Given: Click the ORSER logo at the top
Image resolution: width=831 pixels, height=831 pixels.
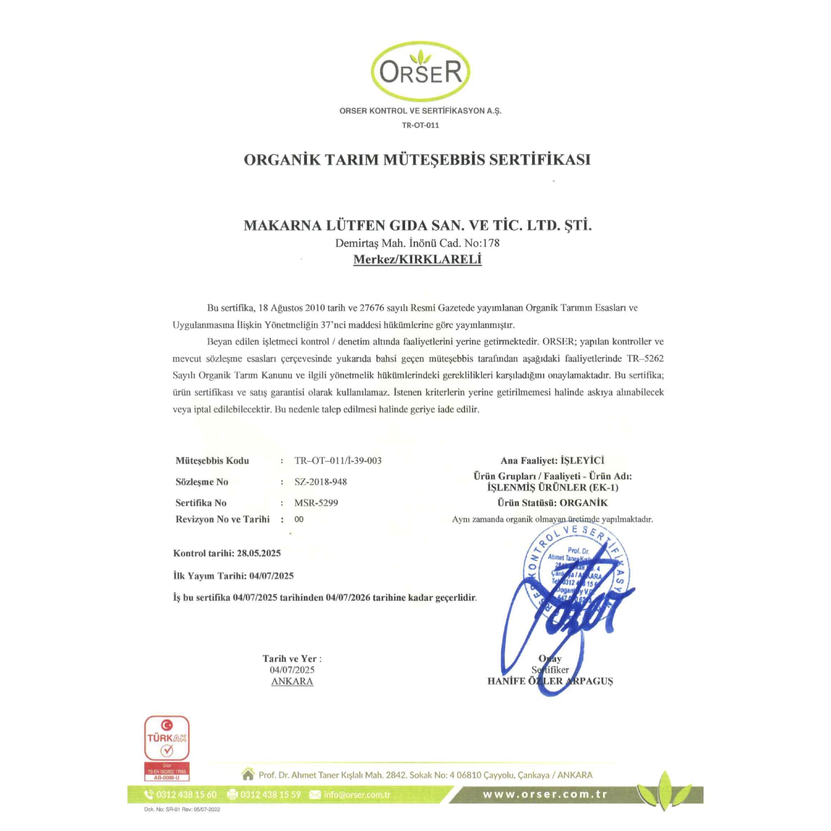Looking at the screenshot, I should [420, 71].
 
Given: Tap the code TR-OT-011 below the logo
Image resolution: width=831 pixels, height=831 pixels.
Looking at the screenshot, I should [420, 125].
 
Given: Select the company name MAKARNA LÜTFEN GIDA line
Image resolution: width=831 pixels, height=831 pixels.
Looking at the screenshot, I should [418, 225].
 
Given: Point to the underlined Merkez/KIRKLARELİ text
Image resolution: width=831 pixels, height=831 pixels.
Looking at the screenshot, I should [417, 259].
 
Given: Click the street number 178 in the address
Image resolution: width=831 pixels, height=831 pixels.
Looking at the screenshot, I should [491, 243].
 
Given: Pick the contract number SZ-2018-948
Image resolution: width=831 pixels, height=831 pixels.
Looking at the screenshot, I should [320, 482].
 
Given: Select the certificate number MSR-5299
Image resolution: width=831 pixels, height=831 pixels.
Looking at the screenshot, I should [316, 503].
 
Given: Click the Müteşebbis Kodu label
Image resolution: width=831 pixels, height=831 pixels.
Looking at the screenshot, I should [212, 461].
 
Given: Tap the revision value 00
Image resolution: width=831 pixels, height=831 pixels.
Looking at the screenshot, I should [299, 519].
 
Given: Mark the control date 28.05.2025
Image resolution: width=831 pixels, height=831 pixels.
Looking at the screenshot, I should [259, 553].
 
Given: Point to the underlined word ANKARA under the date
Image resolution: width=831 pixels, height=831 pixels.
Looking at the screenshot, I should [292, 682].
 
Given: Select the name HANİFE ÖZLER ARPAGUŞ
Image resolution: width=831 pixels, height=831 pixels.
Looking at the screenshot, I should [550, 682].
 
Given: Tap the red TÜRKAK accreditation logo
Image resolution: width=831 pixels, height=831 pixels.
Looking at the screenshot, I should [167, 747].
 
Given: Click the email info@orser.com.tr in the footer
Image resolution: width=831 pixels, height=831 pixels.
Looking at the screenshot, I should [357, 795].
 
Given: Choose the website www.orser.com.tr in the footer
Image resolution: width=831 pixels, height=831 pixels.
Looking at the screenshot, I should [545, 795].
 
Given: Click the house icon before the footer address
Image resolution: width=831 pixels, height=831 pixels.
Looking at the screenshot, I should [248, 774].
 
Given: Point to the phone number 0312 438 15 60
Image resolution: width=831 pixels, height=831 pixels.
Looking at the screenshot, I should [186, 795].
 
